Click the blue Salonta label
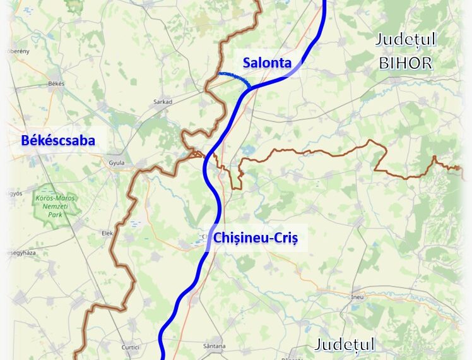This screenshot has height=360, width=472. [x=267, y=63]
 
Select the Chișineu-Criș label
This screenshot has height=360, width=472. [x=255, y=238]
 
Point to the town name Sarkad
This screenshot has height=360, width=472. [x=163, y=101]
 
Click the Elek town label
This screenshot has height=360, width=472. [x=107, y=233]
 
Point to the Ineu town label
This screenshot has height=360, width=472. [x=358, y=296]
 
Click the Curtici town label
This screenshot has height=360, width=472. [x=131, y=347]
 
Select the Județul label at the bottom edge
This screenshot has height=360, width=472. [x=345, y=345]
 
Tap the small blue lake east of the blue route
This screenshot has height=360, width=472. [x=247, y=152]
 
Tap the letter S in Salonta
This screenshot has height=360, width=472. [x=247, y=63]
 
